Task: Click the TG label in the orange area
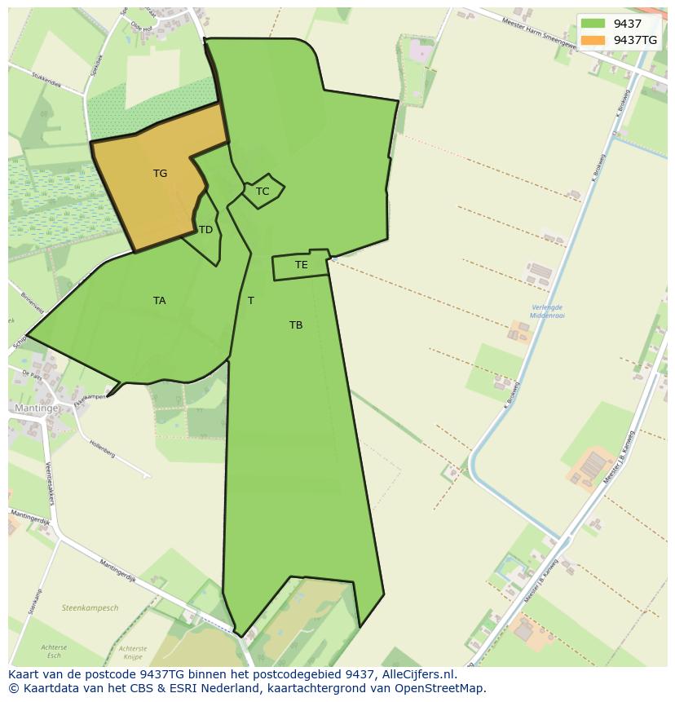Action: click(x=160, y=174)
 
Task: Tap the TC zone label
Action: click(x=262, y=192)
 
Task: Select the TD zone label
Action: click(x=205, y=230)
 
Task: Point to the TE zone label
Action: click(x=302, y=265)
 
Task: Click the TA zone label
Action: click(x=159, y=301)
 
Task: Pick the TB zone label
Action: click(x=296, y=325)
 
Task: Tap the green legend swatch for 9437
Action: click(x=593, y=24)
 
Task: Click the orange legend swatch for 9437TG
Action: click(x=593, y=40)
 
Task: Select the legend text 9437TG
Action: click(x=635, y=40)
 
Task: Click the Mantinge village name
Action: click(x=36, y=408)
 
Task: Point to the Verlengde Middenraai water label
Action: click(x=546, y=311)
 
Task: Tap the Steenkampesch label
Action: click(x=90, y=608)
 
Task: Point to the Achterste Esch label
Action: click(x=54, y=652)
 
